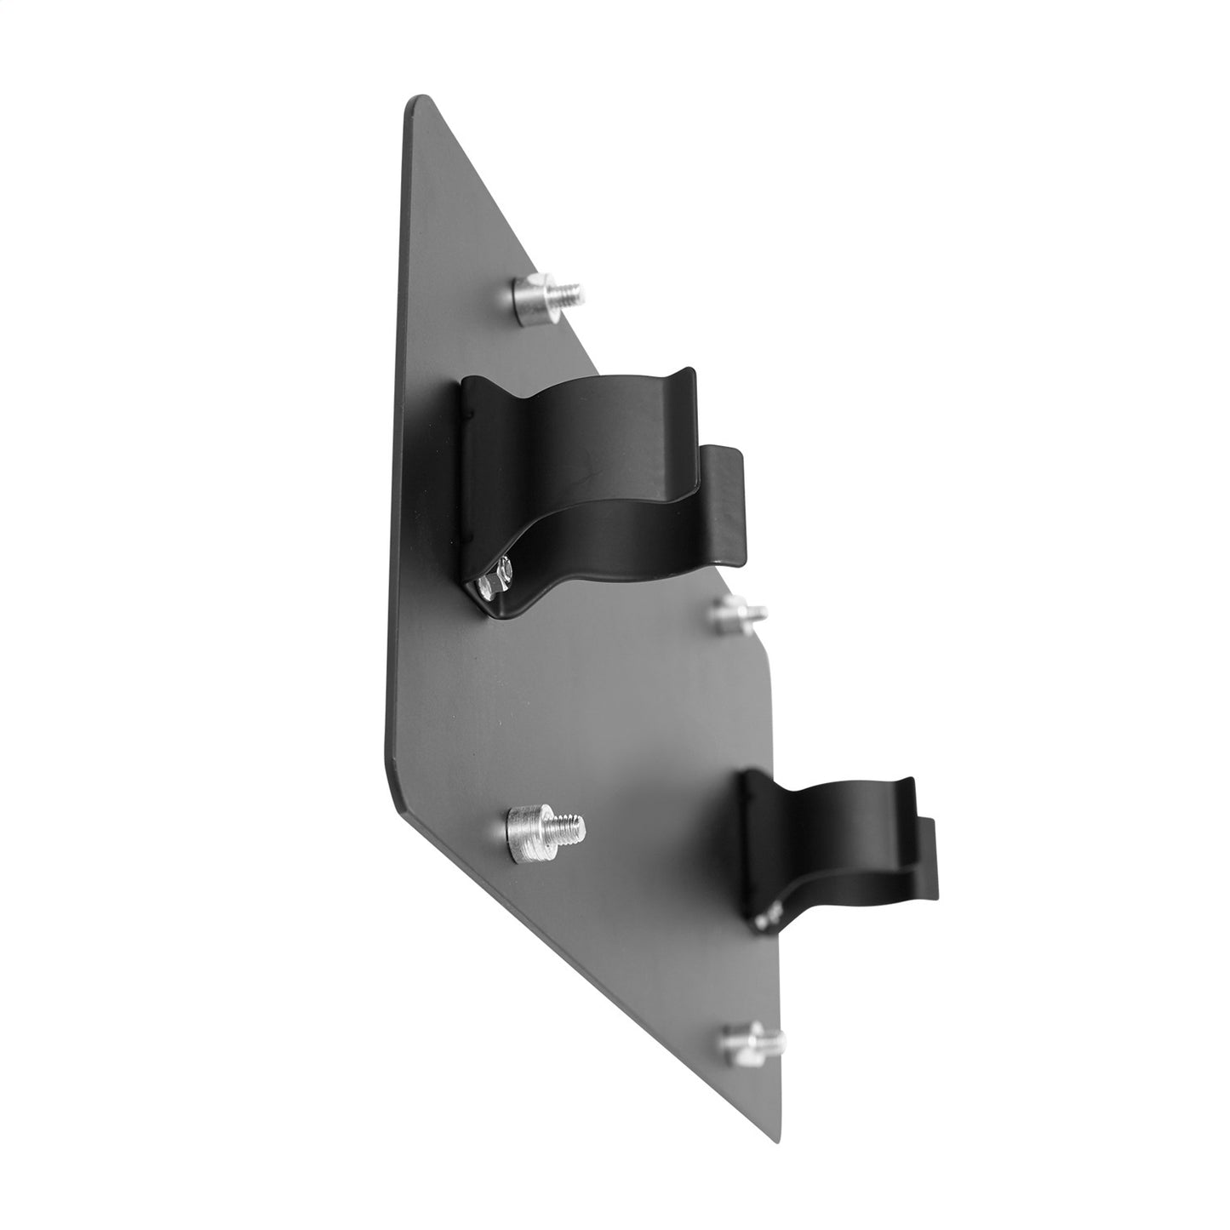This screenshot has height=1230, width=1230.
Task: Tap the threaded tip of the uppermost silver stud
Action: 569,294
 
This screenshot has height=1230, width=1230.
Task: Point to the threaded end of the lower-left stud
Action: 568,825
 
